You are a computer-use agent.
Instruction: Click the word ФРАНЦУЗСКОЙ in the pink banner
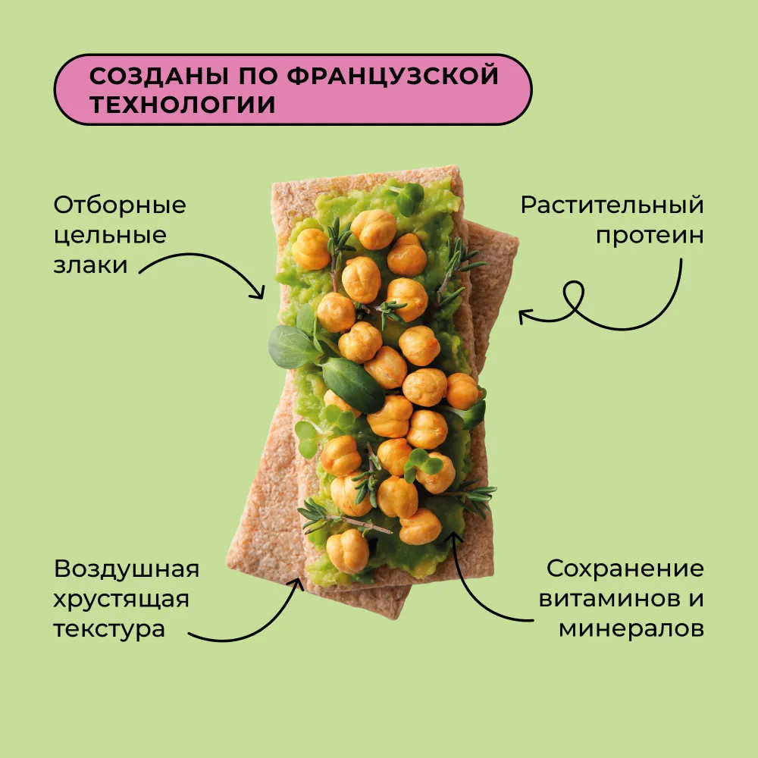click(x=392, y=75)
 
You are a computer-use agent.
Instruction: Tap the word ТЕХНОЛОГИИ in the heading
click(x=182, y=105)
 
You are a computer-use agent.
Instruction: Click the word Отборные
click(x=120, y=205)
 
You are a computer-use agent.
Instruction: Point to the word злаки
click(x=90, y=265)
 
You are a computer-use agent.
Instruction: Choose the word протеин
click(x=650, y=236)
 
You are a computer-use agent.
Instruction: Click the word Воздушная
click(x=126, y=569)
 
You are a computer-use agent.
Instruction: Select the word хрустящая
click(x=121, y=600)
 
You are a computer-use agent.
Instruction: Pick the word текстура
click(x=108, y=629)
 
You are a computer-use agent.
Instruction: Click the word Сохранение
click(x=625, y=568)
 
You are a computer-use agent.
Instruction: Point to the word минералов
click(x=631, y=629)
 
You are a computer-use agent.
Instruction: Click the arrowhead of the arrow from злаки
click(x=260, y=293)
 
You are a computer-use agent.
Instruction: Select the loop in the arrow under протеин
click(x=572, y=295)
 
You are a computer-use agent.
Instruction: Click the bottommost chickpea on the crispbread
click(x=347, y=552)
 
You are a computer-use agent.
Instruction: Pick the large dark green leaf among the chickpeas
click(x=353, y=385)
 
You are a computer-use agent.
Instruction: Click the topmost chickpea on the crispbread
click(x=373, y=229)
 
